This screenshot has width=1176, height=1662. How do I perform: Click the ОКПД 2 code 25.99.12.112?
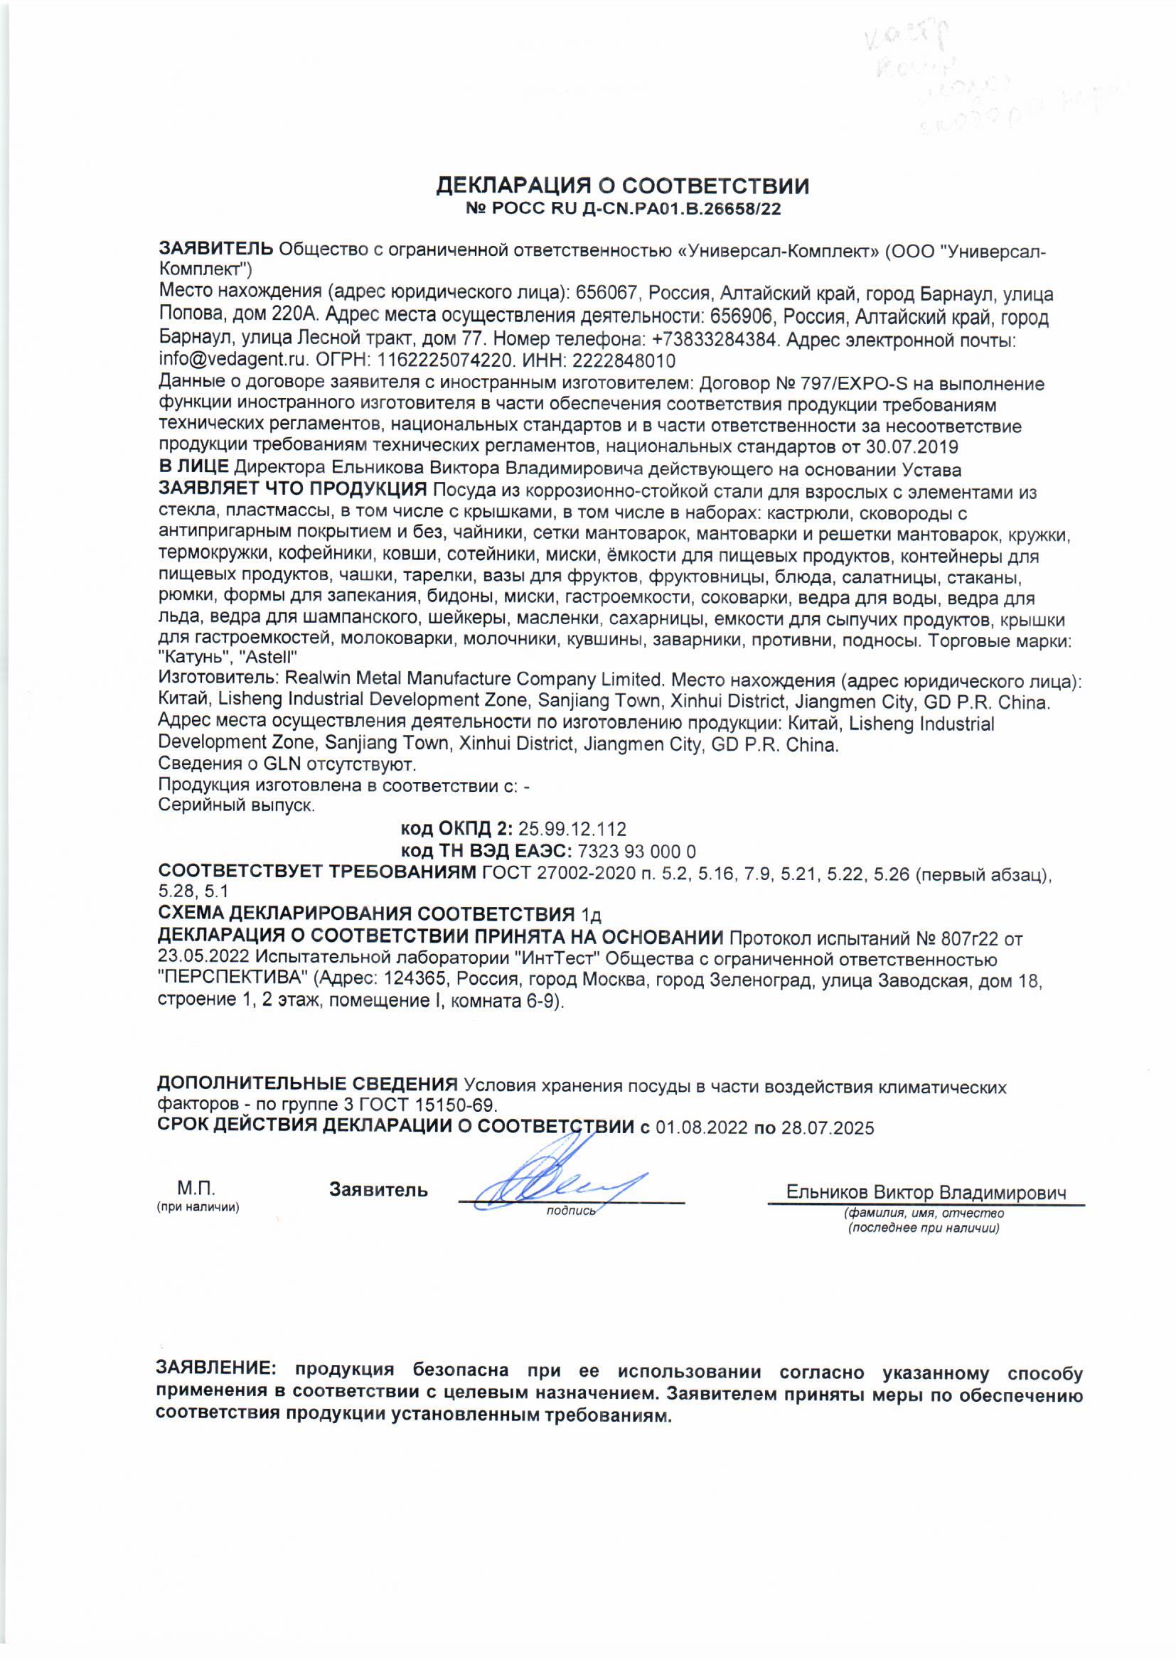tap(572, 829)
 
